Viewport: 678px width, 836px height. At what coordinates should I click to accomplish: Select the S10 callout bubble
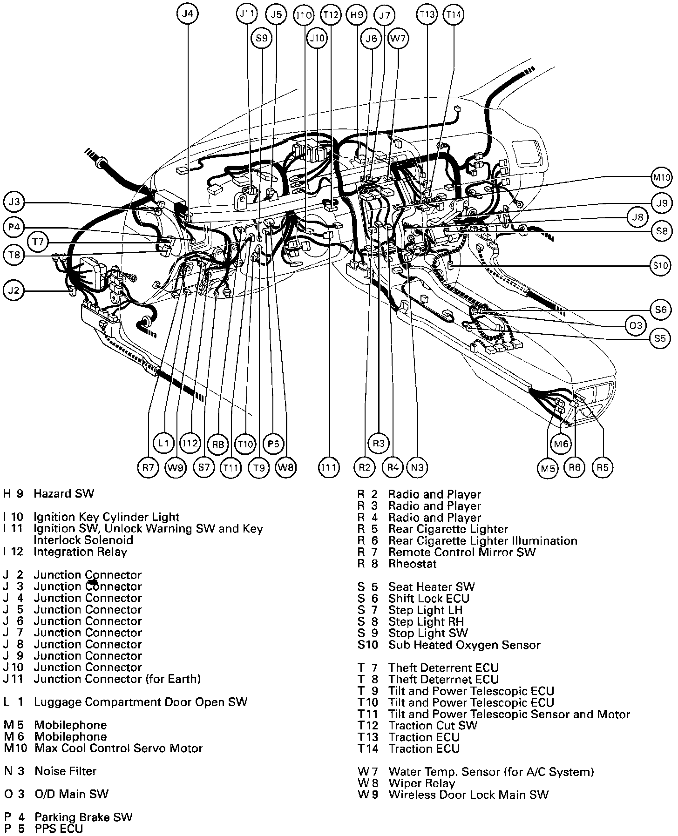[x=661, y=266]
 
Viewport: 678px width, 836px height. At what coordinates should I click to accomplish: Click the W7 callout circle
[x=398, y=39]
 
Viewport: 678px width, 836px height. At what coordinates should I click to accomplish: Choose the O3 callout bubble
[x=636, y=325]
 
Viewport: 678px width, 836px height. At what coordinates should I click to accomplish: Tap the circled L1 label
[x=163, y=444]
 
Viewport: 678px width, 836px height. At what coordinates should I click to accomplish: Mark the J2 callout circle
[x=14, y=290]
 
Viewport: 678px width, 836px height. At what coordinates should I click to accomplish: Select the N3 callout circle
[x=417, y=467]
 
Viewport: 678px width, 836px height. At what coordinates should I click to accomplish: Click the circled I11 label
[x=329, y=467]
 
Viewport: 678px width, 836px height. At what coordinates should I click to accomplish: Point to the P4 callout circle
[x=14, y=227]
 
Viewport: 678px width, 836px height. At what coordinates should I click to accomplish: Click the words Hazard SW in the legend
[x=64, y=493]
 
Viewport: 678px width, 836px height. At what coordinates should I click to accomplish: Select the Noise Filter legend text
[x=66, y=771]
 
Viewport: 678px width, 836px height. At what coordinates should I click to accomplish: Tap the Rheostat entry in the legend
[x=412, y=564]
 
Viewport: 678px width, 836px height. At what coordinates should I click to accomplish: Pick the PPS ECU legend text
[x=59, y=829]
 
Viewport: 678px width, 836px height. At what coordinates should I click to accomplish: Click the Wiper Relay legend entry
[x=421, y=783]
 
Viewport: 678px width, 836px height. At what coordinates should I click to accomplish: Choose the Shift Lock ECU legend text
[x=428, y=599]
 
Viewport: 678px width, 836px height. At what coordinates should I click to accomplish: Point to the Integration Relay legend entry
[x=80, y=552]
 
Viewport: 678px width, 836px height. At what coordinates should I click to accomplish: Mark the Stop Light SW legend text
[x=428, y=633]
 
